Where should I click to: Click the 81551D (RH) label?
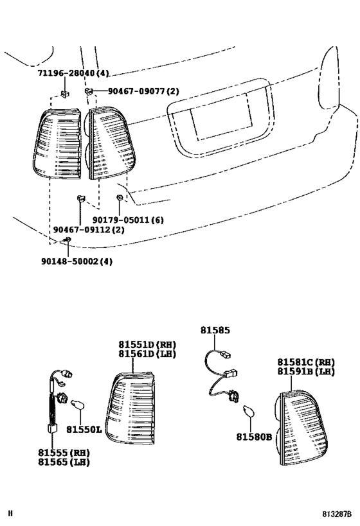pos(147,344)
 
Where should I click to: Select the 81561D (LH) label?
pos(147,354)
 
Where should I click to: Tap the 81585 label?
pos(214,331)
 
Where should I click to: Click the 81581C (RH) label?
pos(306,362)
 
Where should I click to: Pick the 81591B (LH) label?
pos(306,372)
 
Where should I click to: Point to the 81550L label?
pos(85,429)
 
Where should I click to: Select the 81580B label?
pos(253,437)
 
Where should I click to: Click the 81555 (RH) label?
pos(63,452)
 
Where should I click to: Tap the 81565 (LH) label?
pos(63,462)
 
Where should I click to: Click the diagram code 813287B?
pos(336,514)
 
